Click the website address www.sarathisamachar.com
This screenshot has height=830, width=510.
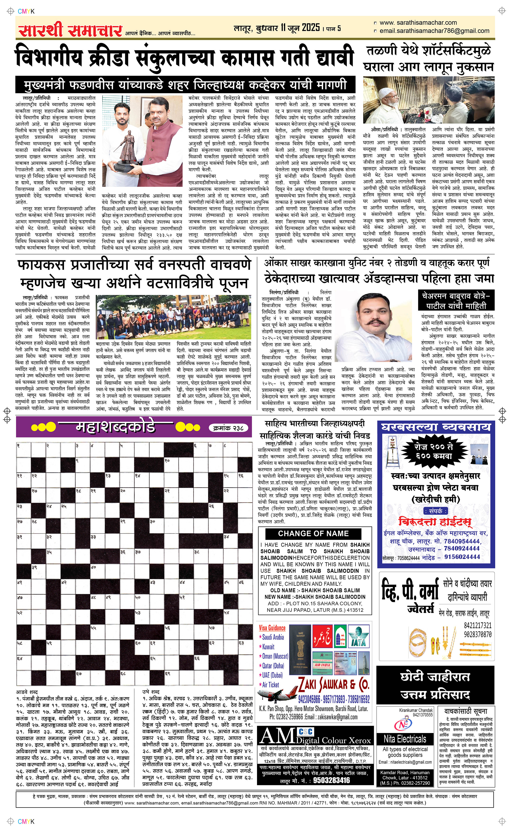(x=418, y=23)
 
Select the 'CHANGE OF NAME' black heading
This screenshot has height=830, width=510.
(x=313, y=534)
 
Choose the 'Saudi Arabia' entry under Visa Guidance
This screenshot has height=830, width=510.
(x=273, y=637)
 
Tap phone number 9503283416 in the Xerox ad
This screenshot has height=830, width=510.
(x=331, y=780)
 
